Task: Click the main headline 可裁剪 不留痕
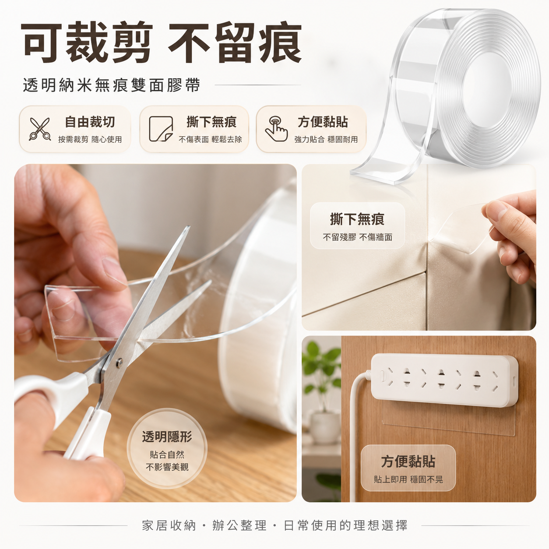tap(161, 43)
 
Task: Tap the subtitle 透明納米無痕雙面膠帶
tap(111, 85)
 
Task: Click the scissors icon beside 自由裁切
tap(40, 129)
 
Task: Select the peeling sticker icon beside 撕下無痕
tap(161, 129)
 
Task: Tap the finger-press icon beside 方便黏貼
tap(276, 129)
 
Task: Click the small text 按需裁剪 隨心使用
tap(90, 139)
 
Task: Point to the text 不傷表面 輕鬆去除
tap(210, 139)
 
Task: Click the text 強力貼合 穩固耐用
tap(326, 139)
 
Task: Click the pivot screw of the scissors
tap(120, 362)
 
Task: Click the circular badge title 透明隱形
tap(167, 437)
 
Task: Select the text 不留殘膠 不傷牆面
tap(358, 237)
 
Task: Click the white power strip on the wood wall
tap(444, 380)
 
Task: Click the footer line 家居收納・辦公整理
tap(204, 526)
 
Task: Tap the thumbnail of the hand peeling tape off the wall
tap(419, 247)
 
